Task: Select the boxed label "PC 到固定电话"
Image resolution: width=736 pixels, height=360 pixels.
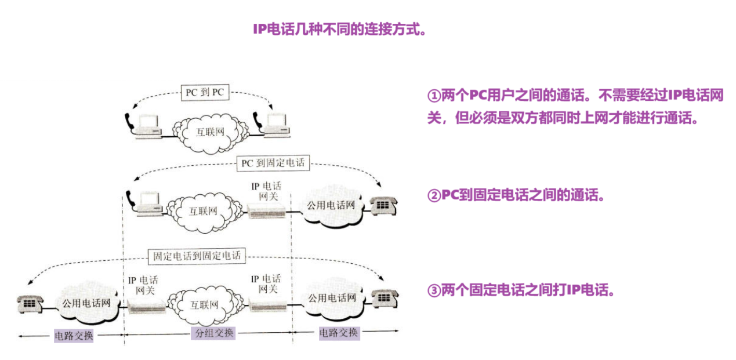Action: coord(272,163)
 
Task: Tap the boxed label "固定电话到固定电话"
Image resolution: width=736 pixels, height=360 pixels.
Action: coord(197,255)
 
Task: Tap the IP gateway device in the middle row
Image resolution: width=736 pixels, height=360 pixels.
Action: coord(267,211)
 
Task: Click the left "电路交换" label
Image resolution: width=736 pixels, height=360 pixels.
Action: coord(74,336)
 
